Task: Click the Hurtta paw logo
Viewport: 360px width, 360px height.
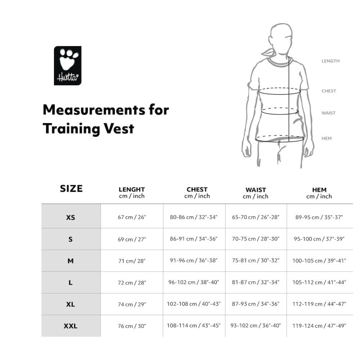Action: [68, 66]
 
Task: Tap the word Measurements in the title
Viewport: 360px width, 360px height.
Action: [94, 110]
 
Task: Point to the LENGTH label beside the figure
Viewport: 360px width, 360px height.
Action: [330, 61]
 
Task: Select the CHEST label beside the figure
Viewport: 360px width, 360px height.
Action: [329, 91]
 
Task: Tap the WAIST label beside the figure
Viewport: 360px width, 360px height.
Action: [328, 113]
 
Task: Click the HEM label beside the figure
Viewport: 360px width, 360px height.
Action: [326, 138]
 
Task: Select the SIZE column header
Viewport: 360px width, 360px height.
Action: [71, 189]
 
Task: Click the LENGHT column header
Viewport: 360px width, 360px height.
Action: [132, 189]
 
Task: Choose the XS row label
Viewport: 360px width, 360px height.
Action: [71, 217]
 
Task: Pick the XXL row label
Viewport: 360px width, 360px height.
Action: [71, 326]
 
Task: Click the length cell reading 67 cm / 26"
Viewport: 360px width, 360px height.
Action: [132, 217]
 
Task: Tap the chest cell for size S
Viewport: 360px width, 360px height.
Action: [194, 239]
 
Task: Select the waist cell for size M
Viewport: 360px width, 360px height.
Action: [256, 261]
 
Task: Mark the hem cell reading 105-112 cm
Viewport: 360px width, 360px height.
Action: [319, 282]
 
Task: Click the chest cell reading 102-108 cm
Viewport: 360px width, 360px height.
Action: [194, 304]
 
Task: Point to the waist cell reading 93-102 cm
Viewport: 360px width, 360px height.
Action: [256, 326]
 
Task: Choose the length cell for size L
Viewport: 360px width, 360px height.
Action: [132, 283]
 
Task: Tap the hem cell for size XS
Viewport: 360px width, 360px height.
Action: [319, 217]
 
